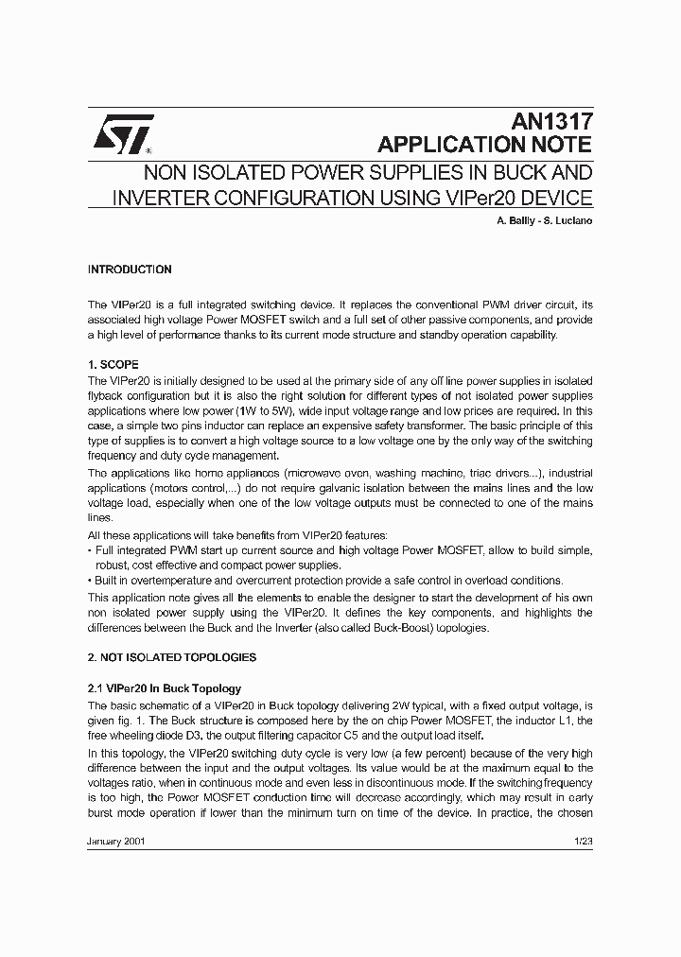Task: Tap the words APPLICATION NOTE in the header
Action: [x=484, y=145]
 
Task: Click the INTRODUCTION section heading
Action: [x=130, y=270]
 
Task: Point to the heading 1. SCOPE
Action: [x=113, y=364]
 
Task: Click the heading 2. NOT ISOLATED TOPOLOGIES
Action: [x=171, y=657]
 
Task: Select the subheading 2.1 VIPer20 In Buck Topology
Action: [x=165, y=688]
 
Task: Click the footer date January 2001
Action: [x=116, y=841]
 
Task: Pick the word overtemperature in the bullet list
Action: [x=167, y=581]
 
